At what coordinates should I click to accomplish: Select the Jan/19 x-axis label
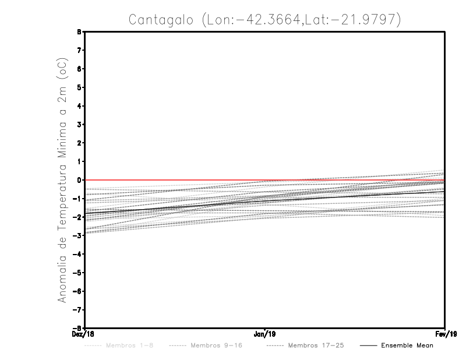[x=265, y=334]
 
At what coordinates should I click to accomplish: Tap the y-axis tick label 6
[x=80, y=69]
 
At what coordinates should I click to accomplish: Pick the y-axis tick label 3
[x=80, y=124]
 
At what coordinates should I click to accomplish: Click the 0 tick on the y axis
[x=80, y=180]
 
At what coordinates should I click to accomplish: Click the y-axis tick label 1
[x=80, y=161]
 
